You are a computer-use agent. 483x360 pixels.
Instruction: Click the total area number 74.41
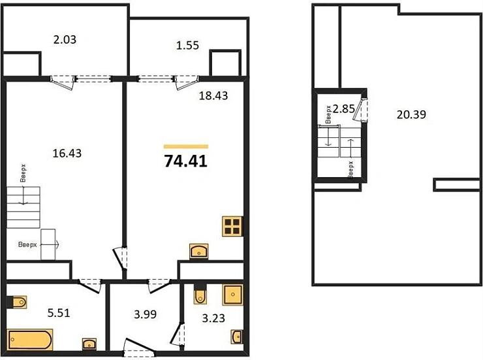click(186, 161)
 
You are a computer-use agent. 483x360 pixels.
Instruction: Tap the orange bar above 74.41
click(186, 146)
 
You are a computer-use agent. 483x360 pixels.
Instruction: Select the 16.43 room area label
click(66, 154)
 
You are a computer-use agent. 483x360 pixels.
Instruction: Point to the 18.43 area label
click(213, 96)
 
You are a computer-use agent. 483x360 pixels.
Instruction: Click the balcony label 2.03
click(65, 39)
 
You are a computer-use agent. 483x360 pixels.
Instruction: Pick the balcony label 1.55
click(187, 46)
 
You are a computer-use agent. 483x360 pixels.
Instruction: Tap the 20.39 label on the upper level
click(411, 114)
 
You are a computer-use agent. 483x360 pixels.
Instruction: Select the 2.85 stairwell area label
click(344, 108)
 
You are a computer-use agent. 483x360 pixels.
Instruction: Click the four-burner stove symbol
click(232, 226)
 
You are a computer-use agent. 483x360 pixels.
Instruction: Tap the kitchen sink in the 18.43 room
click(198, 251)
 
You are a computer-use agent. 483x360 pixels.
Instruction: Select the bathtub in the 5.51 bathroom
click(31, 340)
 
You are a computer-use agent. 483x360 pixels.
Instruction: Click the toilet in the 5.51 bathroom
click(18, 302)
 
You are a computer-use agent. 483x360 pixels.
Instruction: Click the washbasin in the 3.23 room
click(236, 337)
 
